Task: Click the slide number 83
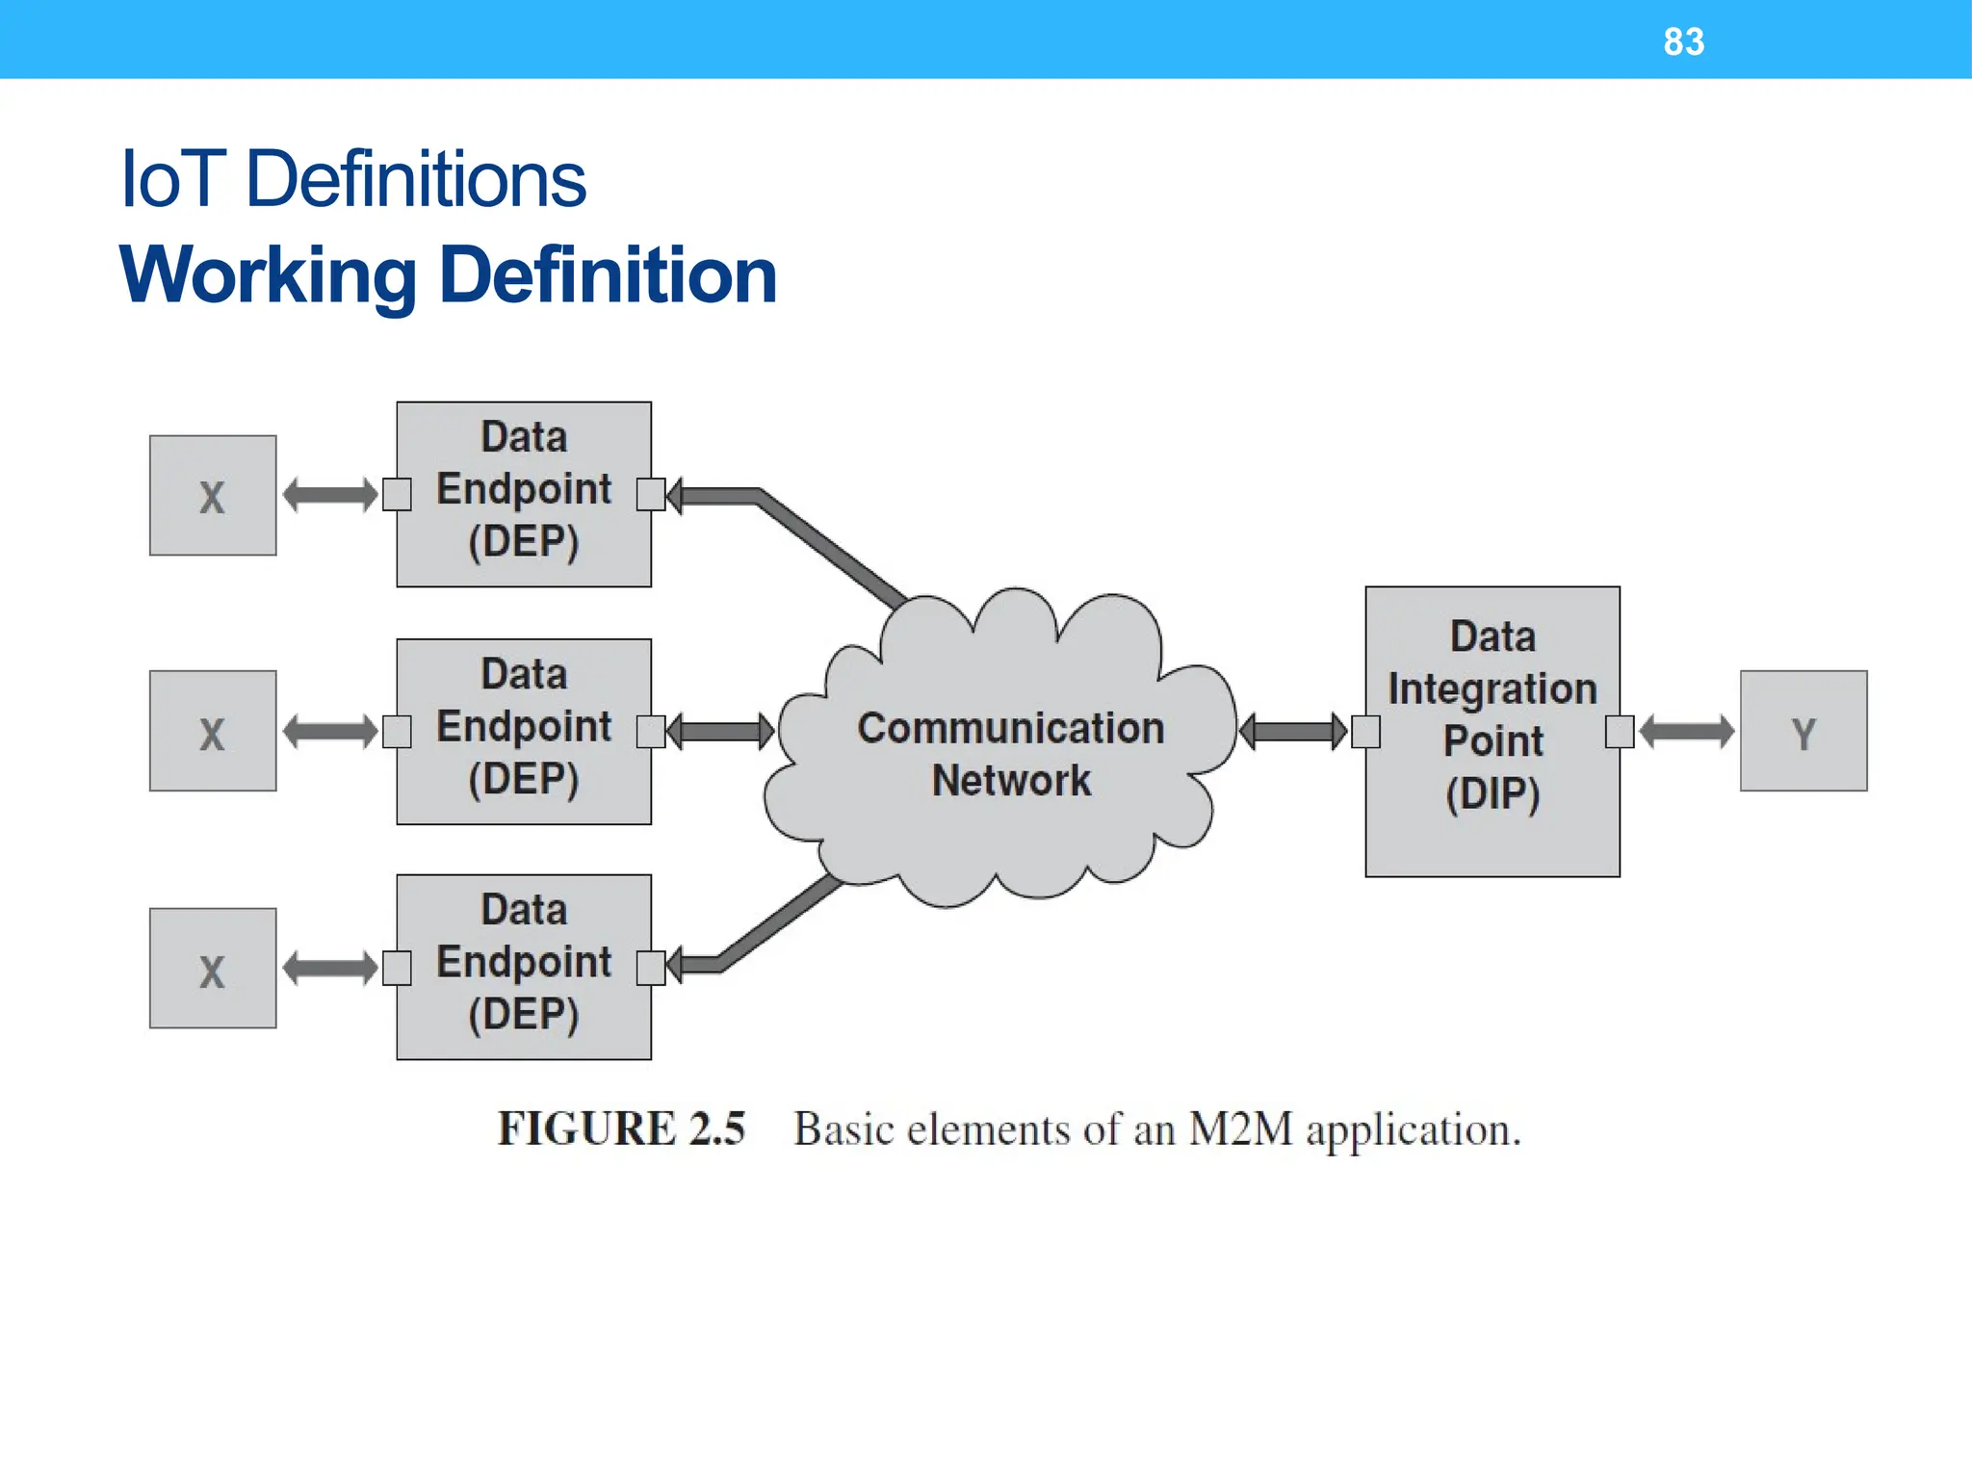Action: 1683,41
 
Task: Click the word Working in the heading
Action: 268,276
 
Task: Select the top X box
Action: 213,495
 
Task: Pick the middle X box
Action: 213,731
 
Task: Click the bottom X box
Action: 213,968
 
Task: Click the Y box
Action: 1803,731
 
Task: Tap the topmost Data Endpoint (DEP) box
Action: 524,494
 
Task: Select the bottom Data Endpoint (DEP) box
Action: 524,967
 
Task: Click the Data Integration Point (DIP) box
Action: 1492,731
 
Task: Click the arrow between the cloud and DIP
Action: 1293,732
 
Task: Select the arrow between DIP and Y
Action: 1686,732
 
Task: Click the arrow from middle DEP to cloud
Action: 719,731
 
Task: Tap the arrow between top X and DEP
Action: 329,495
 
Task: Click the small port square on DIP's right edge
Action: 1620,732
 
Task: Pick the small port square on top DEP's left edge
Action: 397,495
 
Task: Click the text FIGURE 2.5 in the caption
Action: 621,1129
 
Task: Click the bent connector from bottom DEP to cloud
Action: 770,928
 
